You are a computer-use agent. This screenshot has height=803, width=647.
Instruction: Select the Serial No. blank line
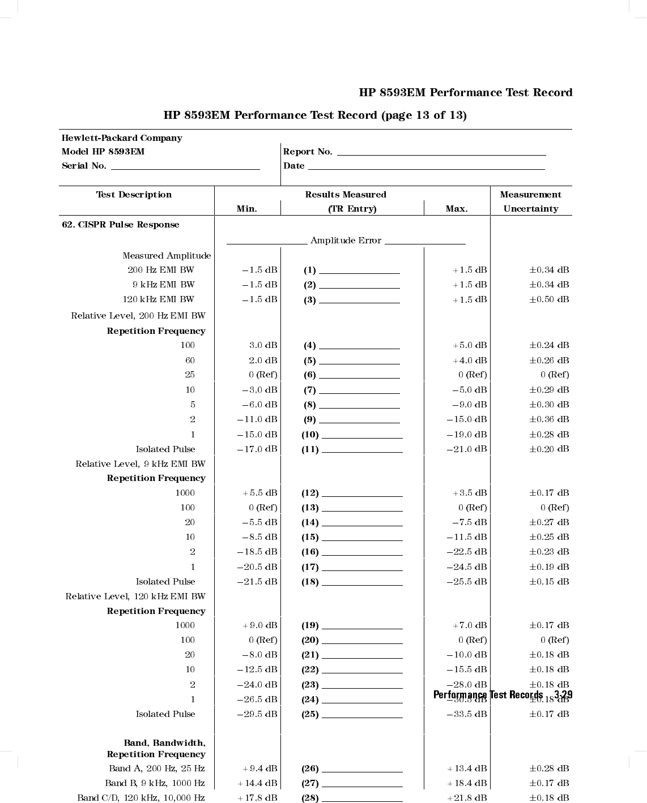point(185,168)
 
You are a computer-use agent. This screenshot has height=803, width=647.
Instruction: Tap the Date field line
point(426,168)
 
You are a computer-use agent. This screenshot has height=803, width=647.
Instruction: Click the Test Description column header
point(134,195)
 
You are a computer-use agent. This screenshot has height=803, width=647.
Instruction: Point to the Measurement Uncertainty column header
point(531,201)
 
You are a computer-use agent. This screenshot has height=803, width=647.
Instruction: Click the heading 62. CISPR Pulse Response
point(120,225)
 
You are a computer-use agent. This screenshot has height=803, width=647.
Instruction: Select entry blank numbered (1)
point(359,272)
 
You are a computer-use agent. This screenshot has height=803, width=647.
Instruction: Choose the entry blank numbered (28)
point(362,800)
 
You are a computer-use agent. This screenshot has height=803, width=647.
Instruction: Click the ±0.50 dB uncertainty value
point(549,299)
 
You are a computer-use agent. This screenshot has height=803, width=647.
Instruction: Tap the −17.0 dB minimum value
point(257,449)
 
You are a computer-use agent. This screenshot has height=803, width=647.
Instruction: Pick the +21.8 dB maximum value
point(467,798)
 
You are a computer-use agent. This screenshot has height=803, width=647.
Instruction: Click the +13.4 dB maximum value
point(467,768)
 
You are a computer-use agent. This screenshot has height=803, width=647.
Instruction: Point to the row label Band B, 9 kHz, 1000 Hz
point(155,783)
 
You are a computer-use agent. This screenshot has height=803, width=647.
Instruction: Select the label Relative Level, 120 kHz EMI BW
point(135,596)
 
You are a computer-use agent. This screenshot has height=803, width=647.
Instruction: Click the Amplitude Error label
point(346,241)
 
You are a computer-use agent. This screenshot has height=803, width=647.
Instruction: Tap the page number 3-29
point(563,695)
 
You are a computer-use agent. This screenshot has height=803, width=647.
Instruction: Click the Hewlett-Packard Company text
point(122,138)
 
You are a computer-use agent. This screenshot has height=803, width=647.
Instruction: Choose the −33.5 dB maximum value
point(467,714)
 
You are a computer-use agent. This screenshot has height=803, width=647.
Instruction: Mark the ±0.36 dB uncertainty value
point(549,419)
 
